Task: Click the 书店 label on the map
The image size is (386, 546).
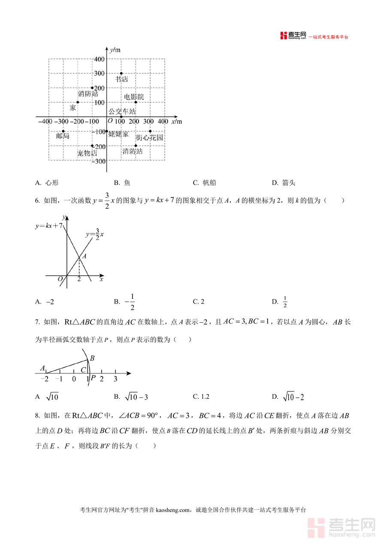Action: point(121,79)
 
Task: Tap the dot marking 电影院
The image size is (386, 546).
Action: point(136,102)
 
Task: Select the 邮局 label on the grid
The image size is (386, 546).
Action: point(63,136)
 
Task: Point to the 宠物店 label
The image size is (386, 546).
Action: point(87,153)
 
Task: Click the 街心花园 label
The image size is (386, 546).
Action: point(149,138)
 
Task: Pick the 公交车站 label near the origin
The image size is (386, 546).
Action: point(122,111)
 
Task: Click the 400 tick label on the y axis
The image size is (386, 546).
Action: point(99,59)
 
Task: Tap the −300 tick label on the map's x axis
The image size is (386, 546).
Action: point(63,121)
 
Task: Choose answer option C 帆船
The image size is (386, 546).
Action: point(205,183)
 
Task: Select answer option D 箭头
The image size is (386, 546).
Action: point(284,183)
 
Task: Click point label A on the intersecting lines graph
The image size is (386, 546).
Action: point(84,256)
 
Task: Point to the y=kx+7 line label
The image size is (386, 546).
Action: point(49,225)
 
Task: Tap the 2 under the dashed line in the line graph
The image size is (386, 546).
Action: point(79,279)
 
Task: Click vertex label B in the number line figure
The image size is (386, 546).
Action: point(92,358)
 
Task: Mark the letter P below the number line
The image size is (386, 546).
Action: point(93,378)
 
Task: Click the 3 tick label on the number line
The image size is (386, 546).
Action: point(115,379)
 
